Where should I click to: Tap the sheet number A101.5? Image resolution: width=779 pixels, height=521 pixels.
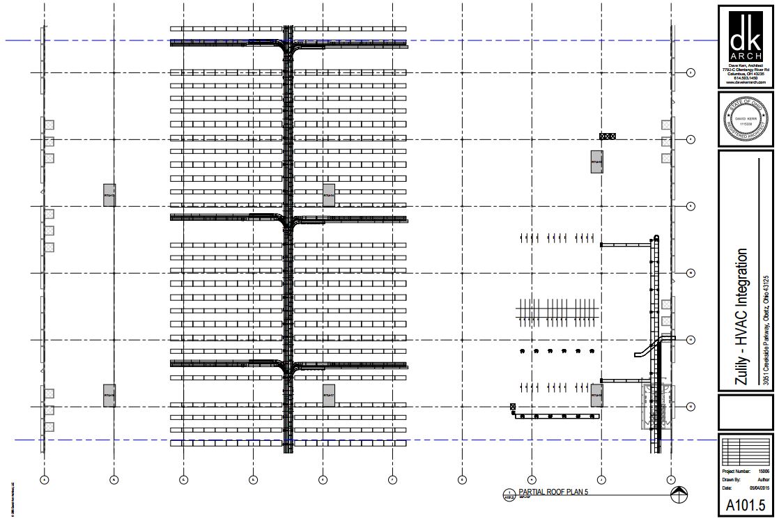coord(746,504)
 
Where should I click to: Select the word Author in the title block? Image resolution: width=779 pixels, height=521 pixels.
coord(763,479)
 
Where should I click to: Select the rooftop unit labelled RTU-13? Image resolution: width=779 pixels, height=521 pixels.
coord(109,195)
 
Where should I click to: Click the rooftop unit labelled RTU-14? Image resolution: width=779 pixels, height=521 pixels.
coord(329,195)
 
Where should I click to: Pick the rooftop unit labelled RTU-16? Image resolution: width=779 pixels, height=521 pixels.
coord(109,395)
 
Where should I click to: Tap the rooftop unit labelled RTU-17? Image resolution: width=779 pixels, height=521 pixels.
coord(329,395)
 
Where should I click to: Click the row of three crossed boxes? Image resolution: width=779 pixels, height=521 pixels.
coord(608,136)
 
